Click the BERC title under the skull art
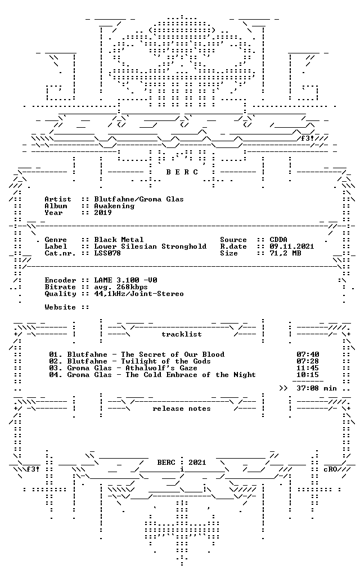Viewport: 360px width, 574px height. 182,172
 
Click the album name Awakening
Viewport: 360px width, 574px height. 114,206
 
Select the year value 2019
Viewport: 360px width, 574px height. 103,213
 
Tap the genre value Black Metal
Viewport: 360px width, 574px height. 119,240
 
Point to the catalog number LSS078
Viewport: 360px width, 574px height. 107,253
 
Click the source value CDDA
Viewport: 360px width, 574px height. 278,240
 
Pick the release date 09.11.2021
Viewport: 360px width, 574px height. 292,246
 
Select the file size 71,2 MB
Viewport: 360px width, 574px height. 285,253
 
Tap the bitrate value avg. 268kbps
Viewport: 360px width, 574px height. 121,287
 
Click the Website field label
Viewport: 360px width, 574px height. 60,307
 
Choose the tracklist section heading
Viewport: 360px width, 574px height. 182,335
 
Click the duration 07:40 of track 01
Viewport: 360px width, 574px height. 308,355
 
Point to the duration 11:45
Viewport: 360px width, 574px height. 308,368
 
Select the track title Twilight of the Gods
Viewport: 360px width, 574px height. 166,362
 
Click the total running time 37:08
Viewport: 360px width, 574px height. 308,388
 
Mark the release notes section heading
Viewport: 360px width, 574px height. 182,409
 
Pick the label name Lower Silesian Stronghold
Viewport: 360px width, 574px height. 150,246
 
